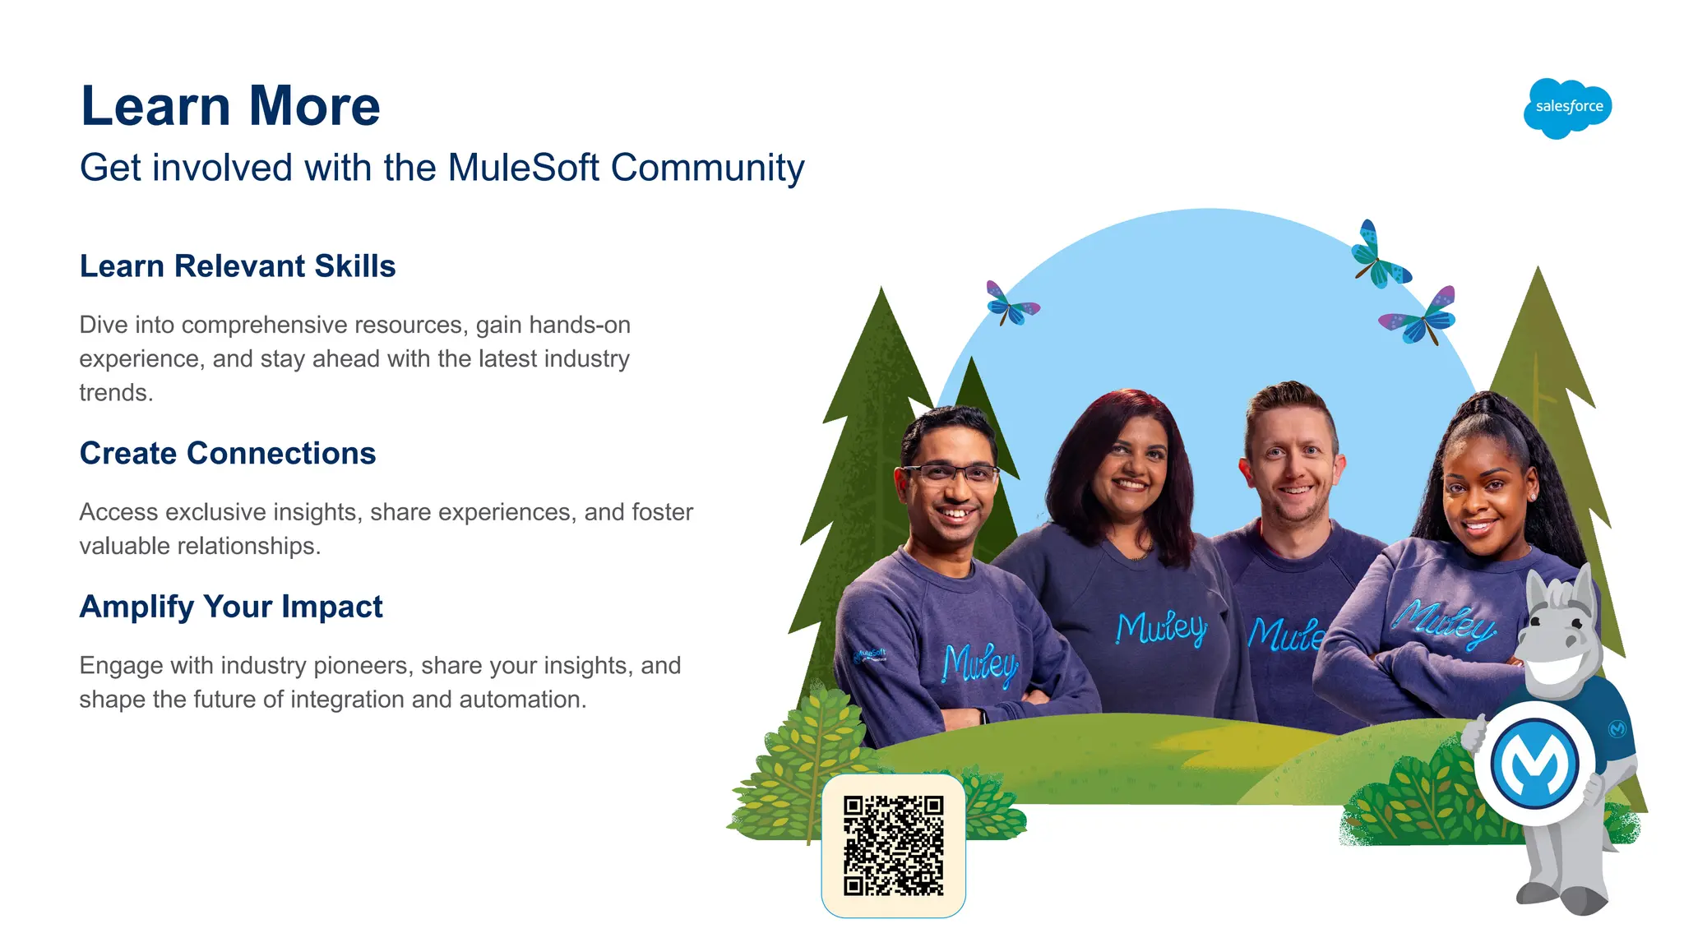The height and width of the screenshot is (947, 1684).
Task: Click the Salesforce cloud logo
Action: [1567, 108]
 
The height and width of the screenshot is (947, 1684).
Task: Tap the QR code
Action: [893, 845]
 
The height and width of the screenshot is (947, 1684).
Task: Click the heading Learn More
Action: [230, 106]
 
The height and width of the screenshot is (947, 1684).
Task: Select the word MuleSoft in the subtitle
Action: [523, 168]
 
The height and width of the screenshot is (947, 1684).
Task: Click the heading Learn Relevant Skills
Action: [238, 266]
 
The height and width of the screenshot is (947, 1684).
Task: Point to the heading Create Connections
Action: [228, 453]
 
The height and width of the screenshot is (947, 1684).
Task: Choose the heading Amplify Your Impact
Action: [231, 607]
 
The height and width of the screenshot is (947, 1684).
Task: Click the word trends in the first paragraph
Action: [114, 393]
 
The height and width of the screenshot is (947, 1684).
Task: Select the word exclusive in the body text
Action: [216, 512]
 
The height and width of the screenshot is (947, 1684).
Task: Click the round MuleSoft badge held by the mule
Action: [1534, 764]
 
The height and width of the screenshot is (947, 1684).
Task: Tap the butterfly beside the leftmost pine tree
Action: [1011, 304]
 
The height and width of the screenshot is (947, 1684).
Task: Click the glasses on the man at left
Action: [951, 473]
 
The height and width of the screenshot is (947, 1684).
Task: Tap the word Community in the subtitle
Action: [707, 168]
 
